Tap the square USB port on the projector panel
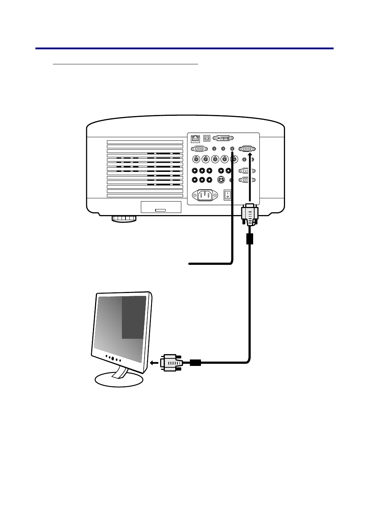[207, 138]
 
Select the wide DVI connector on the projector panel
[223, 138]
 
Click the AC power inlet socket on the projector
[205, 195]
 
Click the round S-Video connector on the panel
[221, 180]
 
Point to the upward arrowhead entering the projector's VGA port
[250, 155]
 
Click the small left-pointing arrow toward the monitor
[154, 363]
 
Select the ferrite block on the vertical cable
[250, 239]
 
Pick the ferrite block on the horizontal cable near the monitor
[196, 363]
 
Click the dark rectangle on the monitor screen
[133, 317]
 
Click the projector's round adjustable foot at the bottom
[124, 218]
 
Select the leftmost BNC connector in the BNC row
[196, 159]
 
